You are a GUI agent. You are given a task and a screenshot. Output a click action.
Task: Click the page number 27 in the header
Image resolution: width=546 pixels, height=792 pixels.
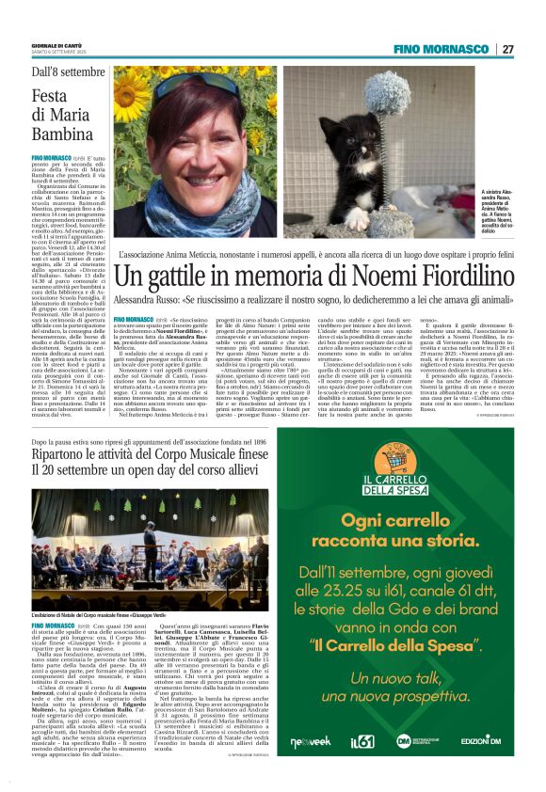[507, 49]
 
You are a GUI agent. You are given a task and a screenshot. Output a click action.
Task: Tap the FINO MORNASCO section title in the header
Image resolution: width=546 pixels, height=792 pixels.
[448, 49]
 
